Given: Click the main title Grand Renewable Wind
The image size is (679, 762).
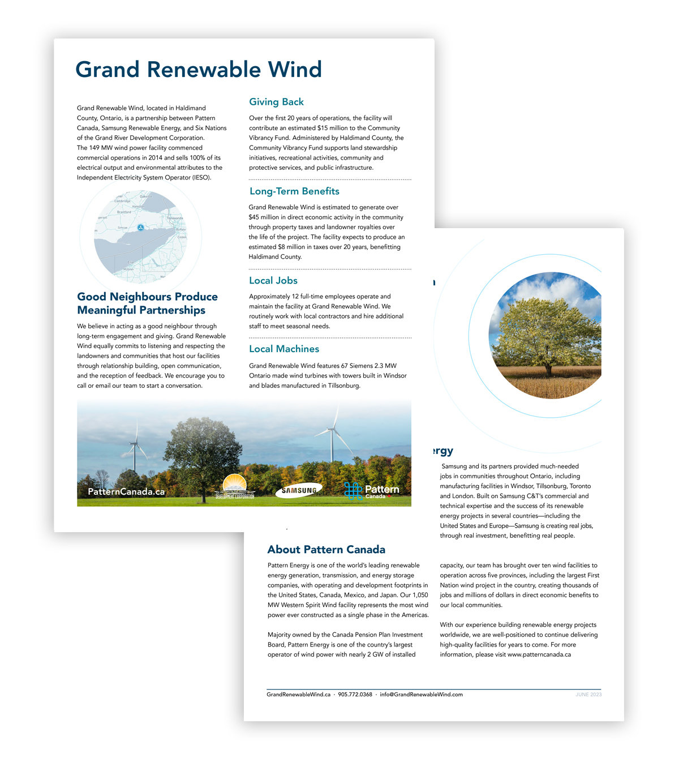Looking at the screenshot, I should (x=199, y=70).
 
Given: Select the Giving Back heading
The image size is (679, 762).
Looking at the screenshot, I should (x=276, y=102).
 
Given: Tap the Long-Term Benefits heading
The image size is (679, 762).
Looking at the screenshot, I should (x=294, y=191).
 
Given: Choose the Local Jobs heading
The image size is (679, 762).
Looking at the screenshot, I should (x=273, y=280).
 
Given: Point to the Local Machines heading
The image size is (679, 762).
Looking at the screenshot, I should (x=284, y=349).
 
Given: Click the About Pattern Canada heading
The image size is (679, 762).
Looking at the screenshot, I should (x=326, y=549).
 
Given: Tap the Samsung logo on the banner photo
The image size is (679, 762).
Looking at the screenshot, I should (x=299, y=490).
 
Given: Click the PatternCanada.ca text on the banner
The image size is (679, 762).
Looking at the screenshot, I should (x=126, y=491).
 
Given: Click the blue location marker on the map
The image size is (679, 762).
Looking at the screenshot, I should (x=140, y=228).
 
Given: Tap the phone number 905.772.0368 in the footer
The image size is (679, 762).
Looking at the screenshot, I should (x=355, y=695).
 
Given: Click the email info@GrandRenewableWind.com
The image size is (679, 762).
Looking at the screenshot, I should (x=421, y=695).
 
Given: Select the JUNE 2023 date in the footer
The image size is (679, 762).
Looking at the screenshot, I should (x=588, y=695).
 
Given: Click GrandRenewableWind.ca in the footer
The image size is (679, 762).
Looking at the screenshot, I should (x=298, y=695).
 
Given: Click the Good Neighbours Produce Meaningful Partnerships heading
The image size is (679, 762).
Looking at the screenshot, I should (x=147, y=303).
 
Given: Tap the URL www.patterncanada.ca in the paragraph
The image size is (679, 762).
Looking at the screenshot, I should (x=539, y=654).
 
